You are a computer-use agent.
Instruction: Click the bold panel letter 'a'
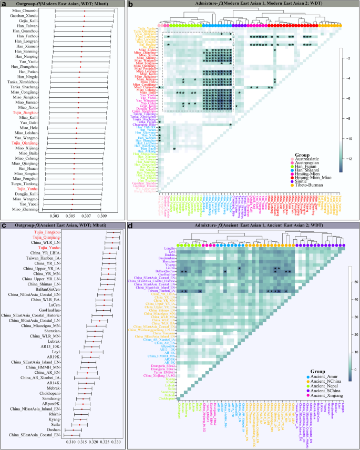(3, 4)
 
